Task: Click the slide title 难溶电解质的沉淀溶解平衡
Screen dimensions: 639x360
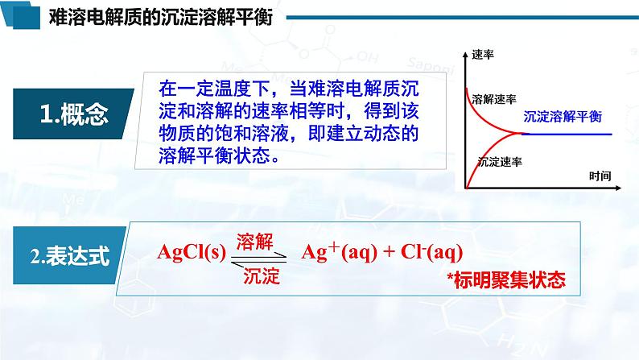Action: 161,18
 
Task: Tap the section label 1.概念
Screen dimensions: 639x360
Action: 74,114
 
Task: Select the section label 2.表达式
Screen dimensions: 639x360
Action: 70,256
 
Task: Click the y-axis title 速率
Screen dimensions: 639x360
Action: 483,54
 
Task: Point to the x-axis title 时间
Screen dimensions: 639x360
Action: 600,176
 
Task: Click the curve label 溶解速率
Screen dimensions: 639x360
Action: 494,99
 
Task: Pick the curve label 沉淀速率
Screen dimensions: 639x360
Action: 500,162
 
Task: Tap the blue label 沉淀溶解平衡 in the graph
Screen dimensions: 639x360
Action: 563,117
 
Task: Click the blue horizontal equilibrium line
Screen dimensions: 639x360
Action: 567,134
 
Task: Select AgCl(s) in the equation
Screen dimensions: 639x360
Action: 191,252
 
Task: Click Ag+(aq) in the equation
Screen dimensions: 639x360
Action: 339,251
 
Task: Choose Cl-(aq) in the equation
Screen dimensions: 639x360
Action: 431,252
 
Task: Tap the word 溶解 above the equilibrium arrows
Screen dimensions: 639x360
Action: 254,242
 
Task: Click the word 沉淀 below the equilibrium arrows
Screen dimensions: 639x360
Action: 262,276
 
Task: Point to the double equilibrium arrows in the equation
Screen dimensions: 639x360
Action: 259,259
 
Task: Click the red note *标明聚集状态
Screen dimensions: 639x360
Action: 506,280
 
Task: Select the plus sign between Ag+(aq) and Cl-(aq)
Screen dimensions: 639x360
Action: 389,252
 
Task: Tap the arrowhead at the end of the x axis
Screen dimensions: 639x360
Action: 618,188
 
